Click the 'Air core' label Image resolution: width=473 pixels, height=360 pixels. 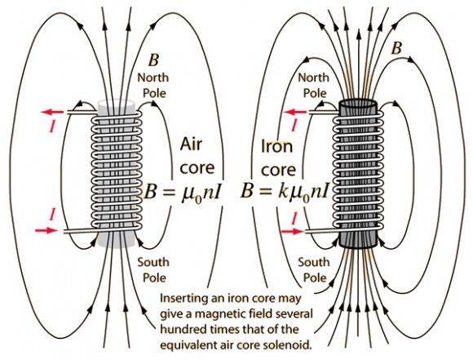pyautogui.click(x=197, y=156)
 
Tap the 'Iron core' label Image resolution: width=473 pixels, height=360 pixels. pyautogui.click(x=278, y=158)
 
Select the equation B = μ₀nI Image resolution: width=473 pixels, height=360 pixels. pyautogui.click(x=183, y=193)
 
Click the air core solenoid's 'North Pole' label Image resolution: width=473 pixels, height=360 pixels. pyautogui.click(x=153, y=85)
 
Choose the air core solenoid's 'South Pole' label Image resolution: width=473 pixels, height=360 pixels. pyautogui.click(x=153, y=269)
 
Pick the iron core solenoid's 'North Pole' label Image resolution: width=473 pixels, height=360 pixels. pyautogui.click(x=314, y=85)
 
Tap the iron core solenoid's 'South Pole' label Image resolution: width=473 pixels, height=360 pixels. pyautogui.click(x=314, y=269)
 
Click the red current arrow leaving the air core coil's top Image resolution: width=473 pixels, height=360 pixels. pyautogui.click(x=52, y=113)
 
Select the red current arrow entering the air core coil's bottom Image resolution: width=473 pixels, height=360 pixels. pyautogui.click(x=46, y=231)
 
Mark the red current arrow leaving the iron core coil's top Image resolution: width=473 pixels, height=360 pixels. pyautogui.click(x=296, y=113)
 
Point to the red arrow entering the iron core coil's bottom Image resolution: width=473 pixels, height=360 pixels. pyautogui.click(x=291, y=232)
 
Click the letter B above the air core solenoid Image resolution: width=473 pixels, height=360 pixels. pyautogui.click(x=153, y=60)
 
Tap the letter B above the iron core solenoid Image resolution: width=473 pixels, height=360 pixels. pyautogui.click(x=396, y=47)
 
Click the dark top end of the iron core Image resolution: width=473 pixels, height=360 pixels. pyautogui.click(x=358, y=105)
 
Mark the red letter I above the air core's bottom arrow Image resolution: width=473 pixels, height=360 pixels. pyautogui.click(x=52, y=215)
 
